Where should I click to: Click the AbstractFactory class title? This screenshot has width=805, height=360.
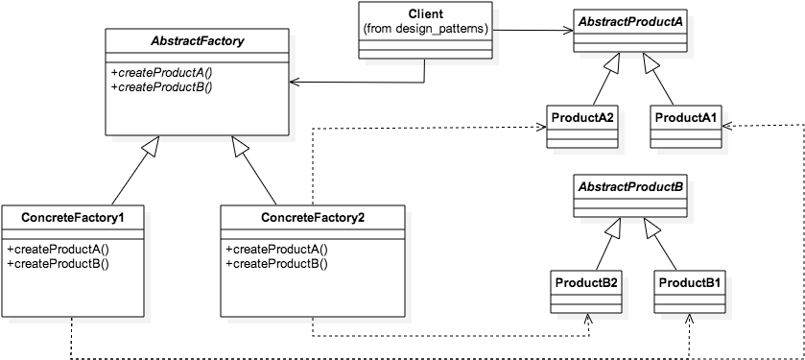coord(197,41)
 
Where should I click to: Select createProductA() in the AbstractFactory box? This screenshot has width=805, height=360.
coord(161,73)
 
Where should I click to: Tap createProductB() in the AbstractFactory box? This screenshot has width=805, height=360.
coord(161,86)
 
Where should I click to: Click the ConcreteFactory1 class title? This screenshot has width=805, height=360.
coord(72,217)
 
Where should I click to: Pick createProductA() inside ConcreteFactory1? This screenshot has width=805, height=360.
coord(59,249)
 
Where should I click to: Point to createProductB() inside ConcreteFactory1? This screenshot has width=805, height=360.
coord(59,262)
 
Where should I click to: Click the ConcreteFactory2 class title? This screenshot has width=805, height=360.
coord(313,217)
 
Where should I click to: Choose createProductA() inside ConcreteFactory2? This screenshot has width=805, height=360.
coord(277,249)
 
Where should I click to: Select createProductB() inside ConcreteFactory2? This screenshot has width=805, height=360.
coord(277,262)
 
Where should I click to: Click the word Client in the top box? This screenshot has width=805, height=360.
coord(425,14)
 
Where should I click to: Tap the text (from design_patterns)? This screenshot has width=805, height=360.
coord(425,29)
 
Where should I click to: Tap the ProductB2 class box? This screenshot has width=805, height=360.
coord(585,294)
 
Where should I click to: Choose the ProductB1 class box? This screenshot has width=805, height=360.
coord(689,294)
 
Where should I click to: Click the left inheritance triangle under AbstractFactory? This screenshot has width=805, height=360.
coord(149,145)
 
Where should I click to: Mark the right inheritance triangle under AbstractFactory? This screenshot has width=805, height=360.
coord(240,145)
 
